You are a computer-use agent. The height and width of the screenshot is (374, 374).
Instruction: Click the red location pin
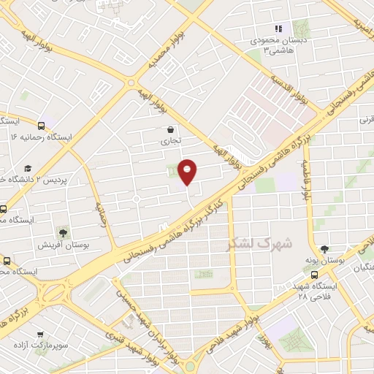click(x=188, y=171)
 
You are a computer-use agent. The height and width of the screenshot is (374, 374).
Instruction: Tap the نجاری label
click(x=169, y=143)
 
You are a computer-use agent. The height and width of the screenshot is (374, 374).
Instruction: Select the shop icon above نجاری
click(x=169, y=131)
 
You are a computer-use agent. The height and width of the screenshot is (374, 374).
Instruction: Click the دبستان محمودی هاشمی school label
click(x=278, y=44)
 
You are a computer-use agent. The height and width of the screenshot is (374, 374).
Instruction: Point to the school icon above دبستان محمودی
click(x=278, y=28)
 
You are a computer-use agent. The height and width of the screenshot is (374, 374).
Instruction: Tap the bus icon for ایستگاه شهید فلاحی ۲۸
click(x=314, y=275)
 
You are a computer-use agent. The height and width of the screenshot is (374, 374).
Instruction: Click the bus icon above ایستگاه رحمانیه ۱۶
click(x=42, y=124)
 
